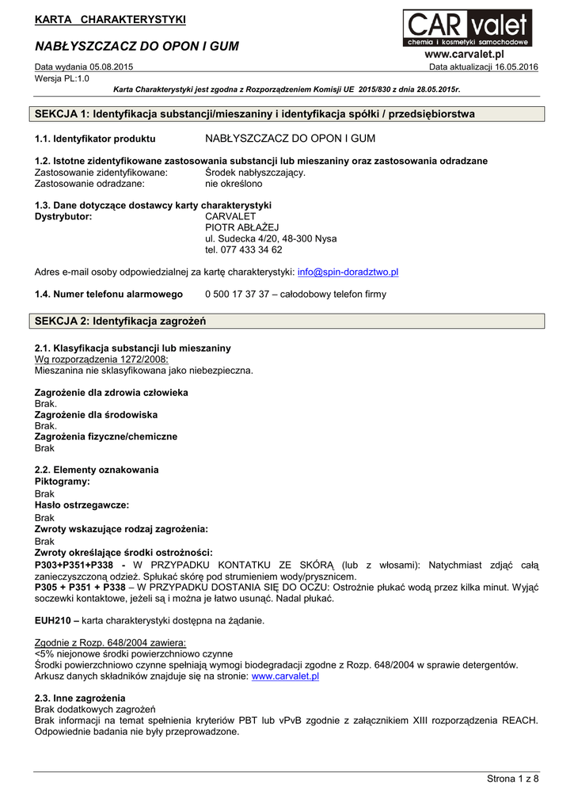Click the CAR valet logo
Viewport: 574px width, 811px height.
(467, 28)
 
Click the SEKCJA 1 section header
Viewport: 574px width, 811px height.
(255, 114)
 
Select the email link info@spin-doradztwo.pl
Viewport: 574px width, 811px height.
(348, 272)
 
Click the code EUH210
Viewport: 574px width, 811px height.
(54, 620)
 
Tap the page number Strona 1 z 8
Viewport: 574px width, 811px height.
(512, 779)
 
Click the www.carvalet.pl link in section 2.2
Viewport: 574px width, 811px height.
(285, 676)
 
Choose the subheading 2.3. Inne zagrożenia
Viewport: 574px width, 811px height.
(80, 698)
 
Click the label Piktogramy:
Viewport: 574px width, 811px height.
(63, 481)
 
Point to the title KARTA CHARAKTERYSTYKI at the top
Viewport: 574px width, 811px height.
(110, 19)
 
